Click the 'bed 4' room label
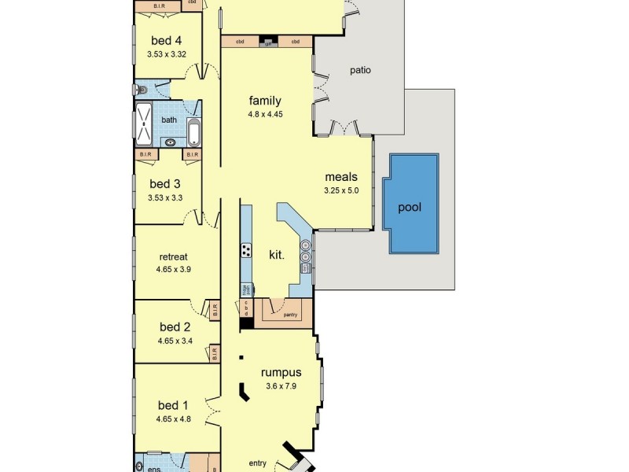166,41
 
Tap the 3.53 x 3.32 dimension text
166,54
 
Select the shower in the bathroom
144,124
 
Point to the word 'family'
265,101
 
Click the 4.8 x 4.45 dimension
265,114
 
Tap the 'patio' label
360,70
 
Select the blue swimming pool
410,204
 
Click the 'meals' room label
341,177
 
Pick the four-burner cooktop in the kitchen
246,251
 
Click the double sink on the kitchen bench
305,249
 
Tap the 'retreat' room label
173,256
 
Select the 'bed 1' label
174,405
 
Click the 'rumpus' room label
282,372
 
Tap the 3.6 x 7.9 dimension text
282,386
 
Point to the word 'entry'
257,463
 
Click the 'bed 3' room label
165,184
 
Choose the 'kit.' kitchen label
276,254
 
